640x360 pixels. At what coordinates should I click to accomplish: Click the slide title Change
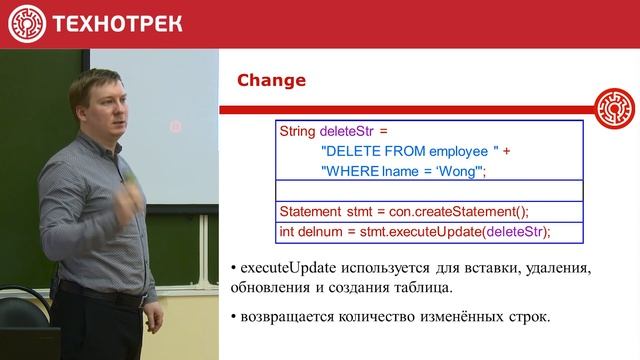click(270, 79)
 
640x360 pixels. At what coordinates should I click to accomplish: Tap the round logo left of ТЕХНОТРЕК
click(27, 23)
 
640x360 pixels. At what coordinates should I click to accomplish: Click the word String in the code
click(297, 131)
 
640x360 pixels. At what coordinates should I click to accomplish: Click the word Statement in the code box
click(312, 212)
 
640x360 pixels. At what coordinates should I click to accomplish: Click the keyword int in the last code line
click(286, 232)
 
